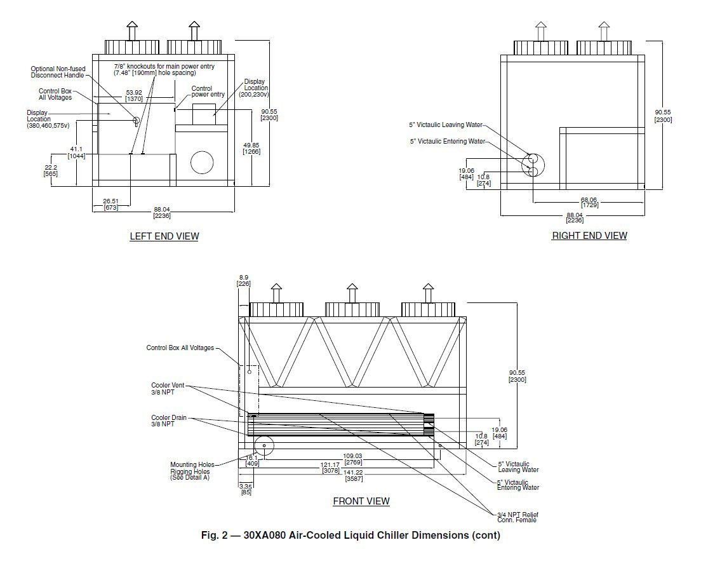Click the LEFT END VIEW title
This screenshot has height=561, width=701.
click(164, 236)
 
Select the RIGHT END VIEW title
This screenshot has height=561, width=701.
click(589, 236)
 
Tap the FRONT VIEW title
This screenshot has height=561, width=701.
click(361, 501)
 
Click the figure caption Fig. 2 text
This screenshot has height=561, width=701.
click(350, 535)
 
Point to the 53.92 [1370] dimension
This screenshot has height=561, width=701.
click(133, 95)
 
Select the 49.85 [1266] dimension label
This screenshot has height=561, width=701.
click(252, 147)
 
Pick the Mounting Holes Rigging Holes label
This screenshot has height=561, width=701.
click(189, 471)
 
